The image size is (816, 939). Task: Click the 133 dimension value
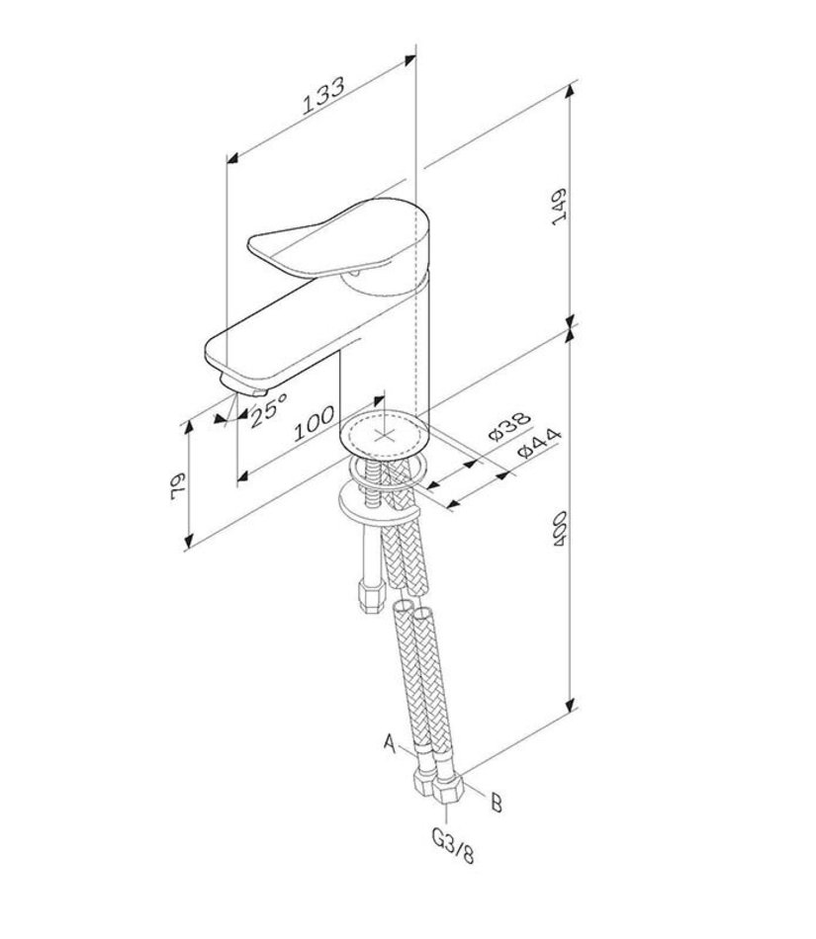point(322,95)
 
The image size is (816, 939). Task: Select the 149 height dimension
point(559,207)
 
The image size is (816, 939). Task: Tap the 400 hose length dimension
point(560,528)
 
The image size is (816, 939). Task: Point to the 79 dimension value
point(178,485)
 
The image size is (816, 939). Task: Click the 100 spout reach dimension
point(314,423)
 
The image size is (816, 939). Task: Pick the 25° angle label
point(268,409)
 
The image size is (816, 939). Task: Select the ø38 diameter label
point(509,426)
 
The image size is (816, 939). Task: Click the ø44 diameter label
point(539,442)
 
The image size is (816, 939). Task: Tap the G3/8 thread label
point(452,844)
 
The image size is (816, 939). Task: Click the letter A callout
point(390,743)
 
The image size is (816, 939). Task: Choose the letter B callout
point(497,802)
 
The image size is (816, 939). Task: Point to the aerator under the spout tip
point(242,386)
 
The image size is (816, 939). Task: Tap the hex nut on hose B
point(449,790)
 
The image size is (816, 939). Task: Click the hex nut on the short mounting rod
point(370,595)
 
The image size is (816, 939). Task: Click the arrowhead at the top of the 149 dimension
point(570,89)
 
